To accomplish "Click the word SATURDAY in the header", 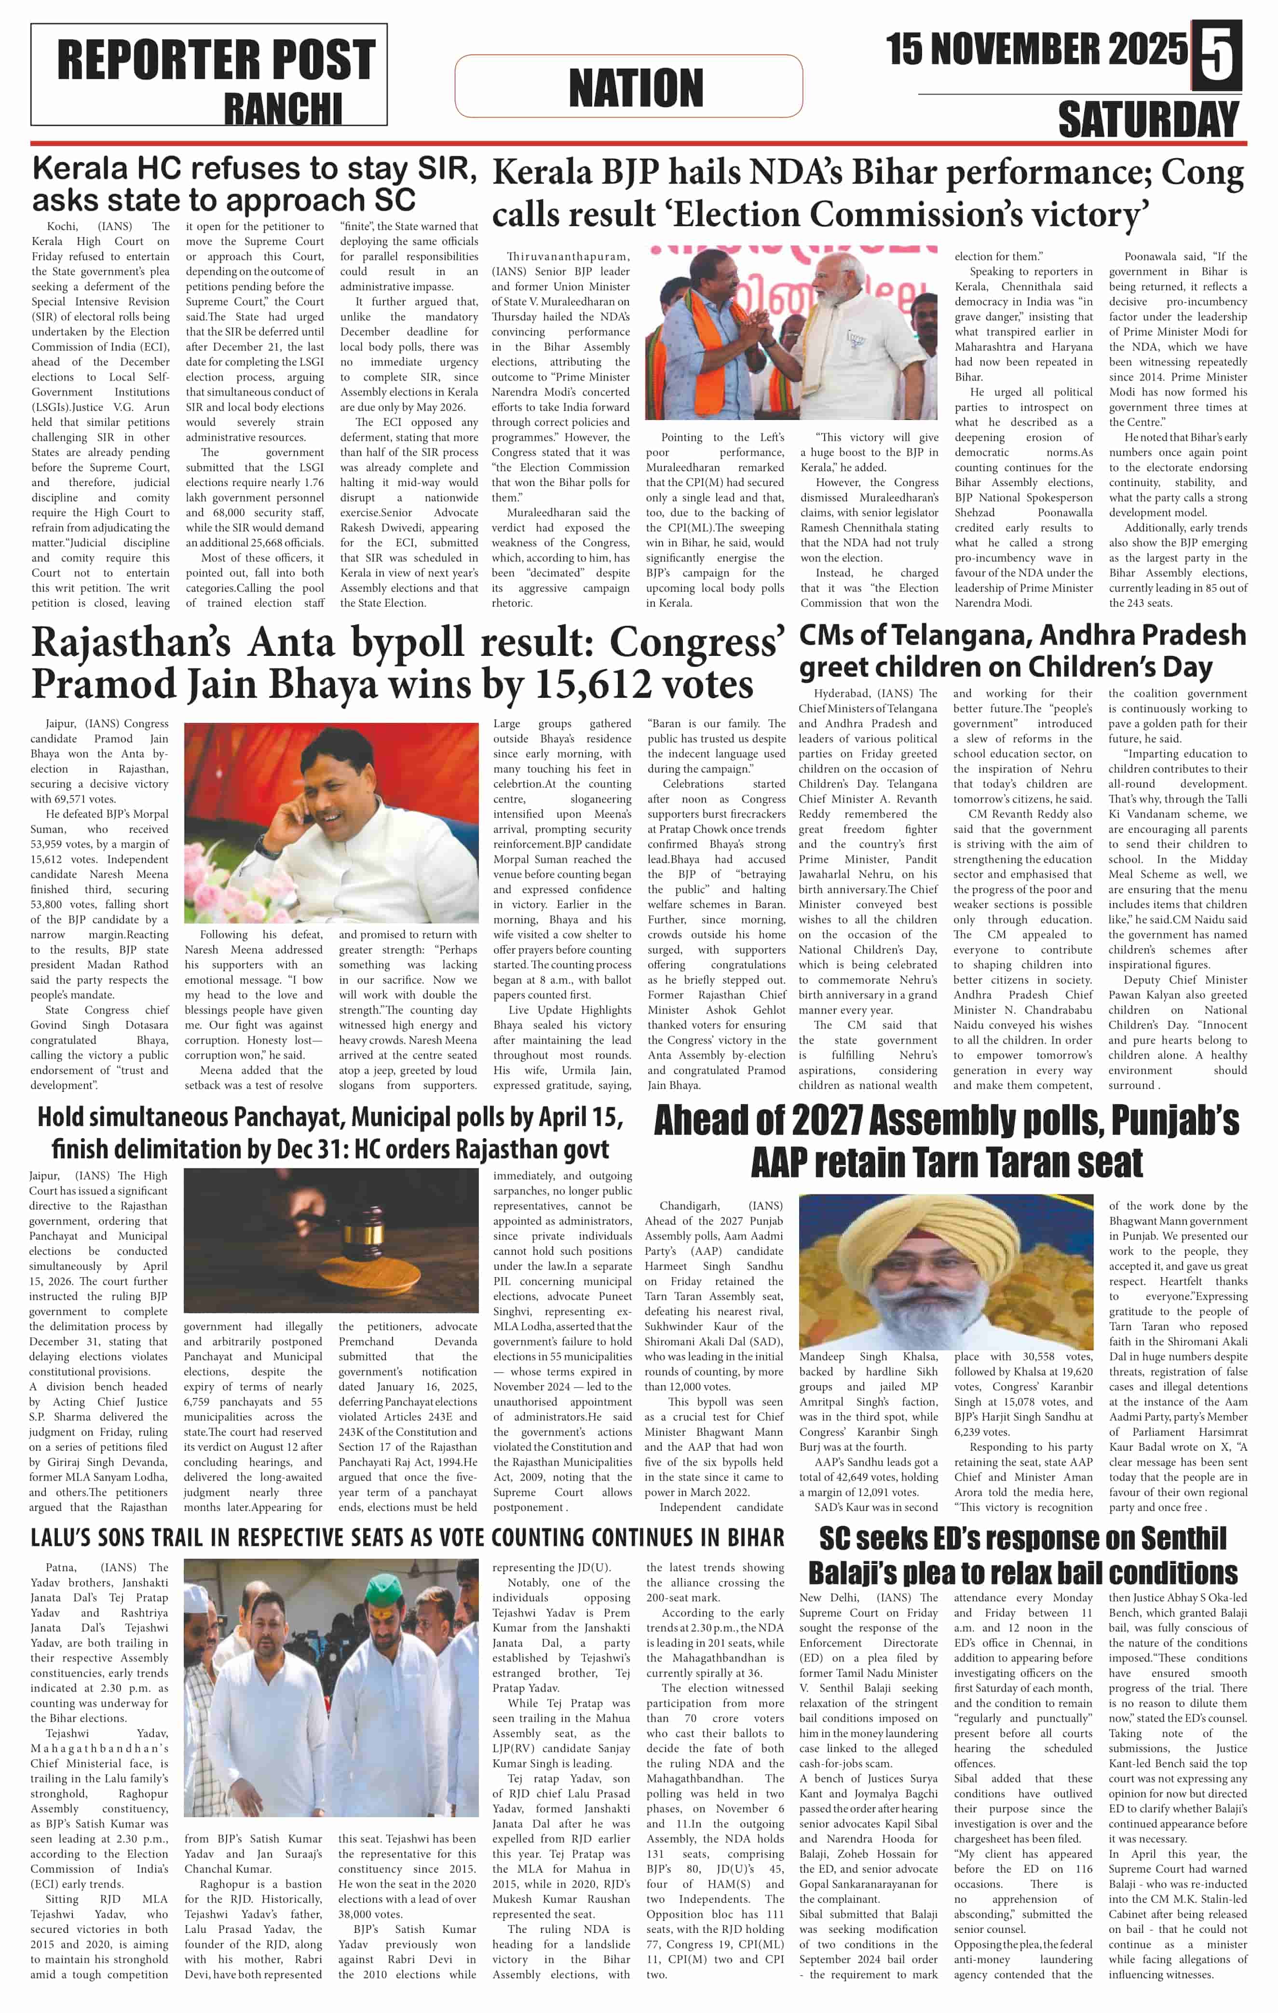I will pyautogui.click(x=1148, y=120).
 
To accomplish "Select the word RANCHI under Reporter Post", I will pyautogui.click(x=283, y=109).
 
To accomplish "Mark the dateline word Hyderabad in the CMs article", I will pyautogui.click(x=843, y=693).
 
